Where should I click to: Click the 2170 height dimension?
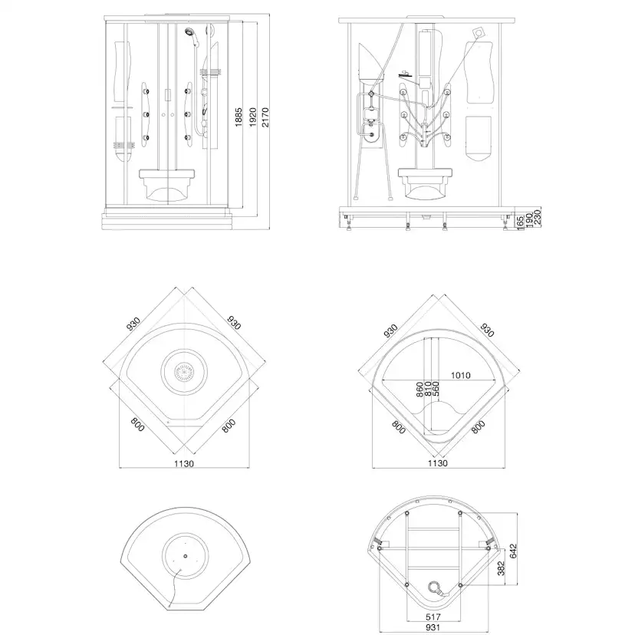point(265,117)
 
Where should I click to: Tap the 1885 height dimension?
point(239,117)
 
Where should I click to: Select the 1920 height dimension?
point(253,117)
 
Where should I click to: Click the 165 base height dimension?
point(520,223)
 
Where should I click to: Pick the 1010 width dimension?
point(461,376)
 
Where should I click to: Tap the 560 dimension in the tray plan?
point(436,389)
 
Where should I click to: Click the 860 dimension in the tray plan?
point(419,389)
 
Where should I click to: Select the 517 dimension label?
point(433,617)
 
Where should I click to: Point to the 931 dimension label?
point(433,627)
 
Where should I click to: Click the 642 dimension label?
point(513,551)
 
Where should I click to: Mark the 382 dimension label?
point(501,568)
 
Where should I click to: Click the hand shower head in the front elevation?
point(189,31)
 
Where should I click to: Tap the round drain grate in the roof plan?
point(184,371)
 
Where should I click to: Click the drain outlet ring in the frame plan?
point(435,586)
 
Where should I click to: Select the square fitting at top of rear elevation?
point(479,31)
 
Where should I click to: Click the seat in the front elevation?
point(168,185)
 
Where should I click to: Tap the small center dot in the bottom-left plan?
point(185,557)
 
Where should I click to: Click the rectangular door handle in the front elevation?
point(168,95)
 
